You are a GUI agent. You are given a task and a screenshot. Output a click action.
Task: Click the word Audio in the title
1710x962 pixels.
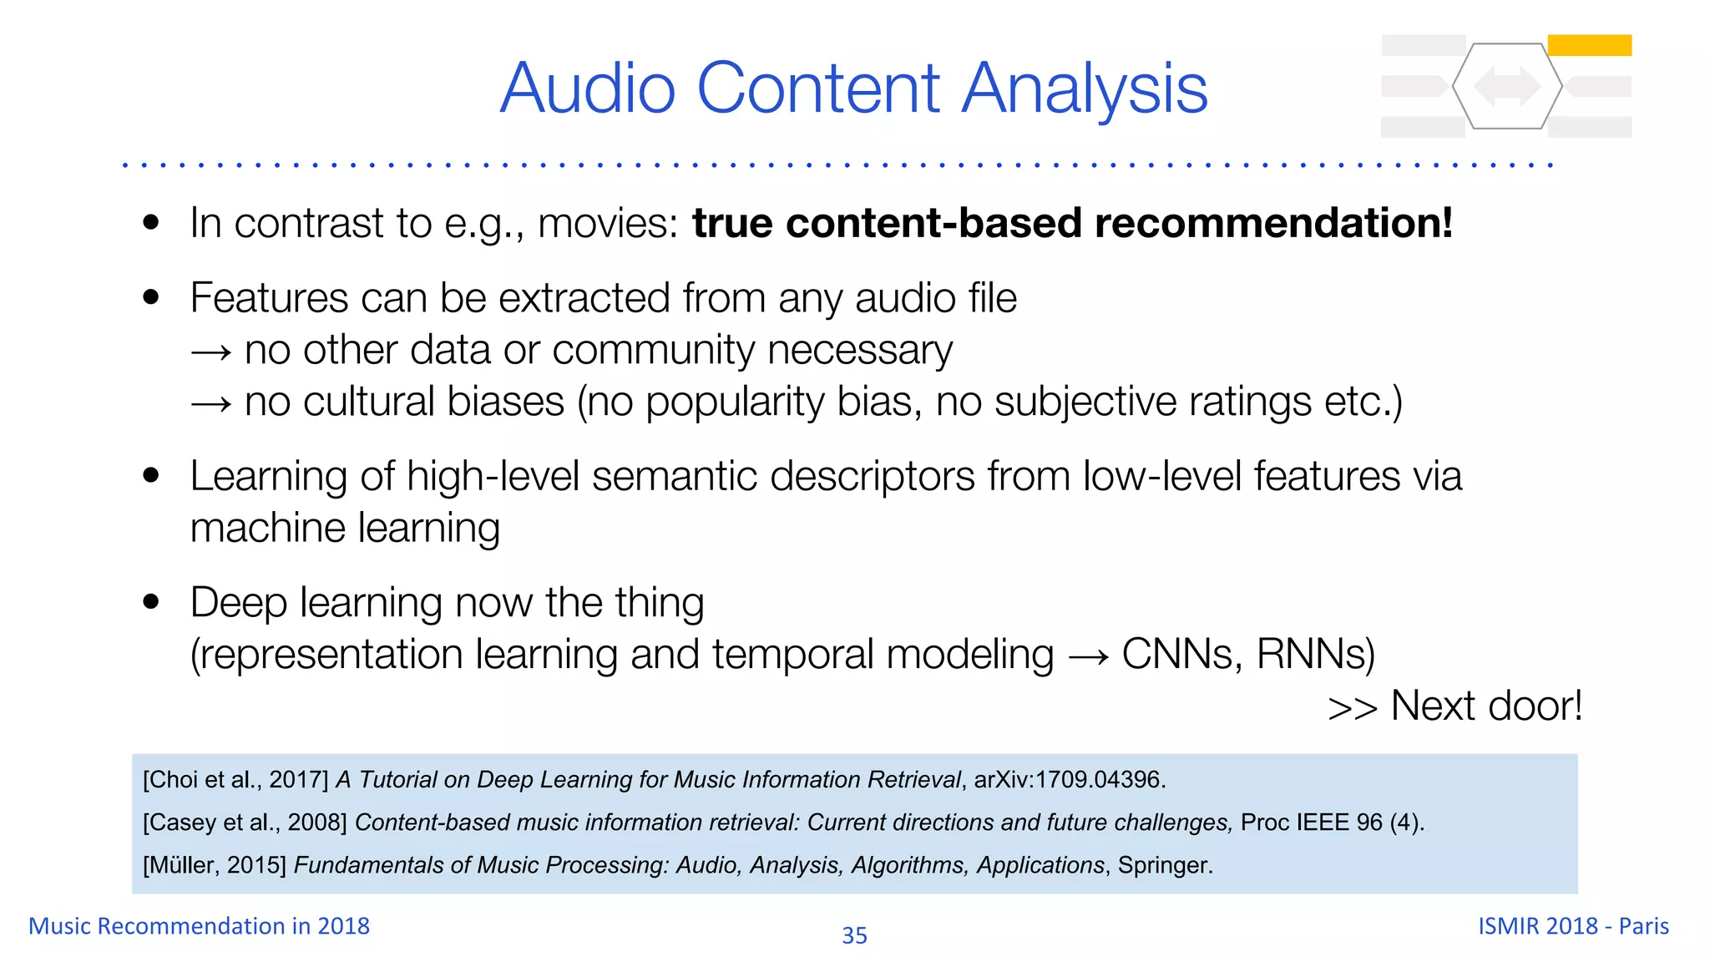(588, 89)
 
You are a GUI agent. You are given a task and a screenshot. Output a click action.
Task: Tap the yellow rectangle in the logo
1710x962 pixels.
(1589, 45)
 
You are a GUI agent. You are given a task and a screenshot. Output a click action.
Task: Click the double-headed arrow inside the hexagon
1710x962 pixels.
(1507, 86)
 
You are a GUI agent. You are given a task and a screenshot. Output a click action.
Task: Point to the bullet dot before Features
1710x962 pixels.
(151, 297)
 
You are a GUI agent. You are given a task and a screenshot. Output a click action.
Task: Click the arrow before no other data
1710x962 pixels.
(210, 352)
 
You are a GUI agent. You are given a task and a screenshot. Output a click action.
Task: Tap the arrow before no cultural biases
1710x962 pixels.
(210, 404)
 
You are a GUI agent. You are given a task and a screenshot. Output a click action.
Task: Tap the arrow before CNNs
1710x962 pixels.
(1088, 656)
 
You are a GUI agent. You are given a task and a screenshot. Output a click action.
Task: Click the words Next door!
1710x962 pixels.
(1486, 706)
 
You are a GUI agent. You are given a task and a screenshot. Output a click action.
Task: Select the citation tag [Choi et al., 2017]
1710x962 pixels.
(235, 780)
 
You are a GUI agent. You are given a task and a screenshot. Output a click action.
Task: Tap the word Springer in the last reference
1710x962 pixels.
(1163, 865)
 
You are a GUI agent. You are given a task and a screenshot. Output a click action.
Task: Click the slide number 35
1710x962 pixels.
(854, 935)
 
